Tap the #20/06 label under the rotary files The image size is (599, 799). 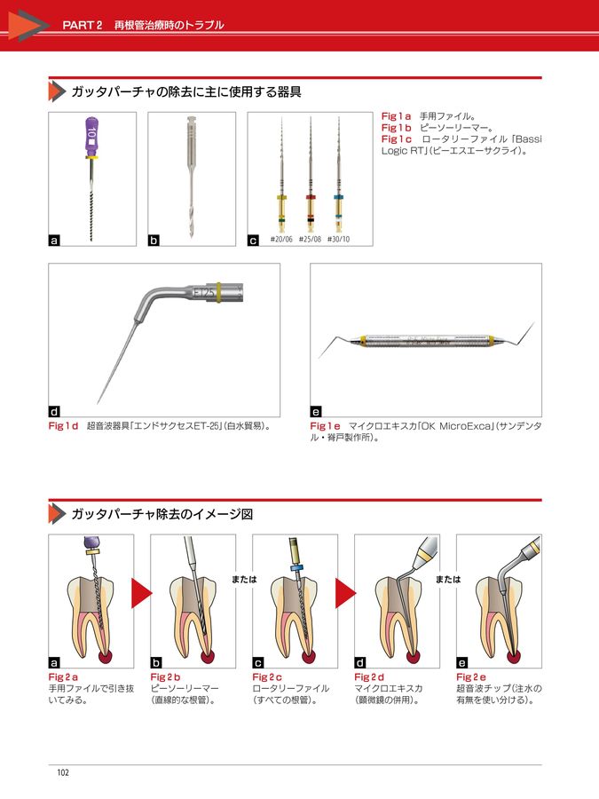[x=280, y=239]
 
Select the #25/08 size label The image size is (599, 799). [x=309, y=239]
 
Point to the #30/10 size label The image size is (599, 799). [x=338, y=239]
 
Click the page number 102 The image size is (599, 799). [x=63, y=772]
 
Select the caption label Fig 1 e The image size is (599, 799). [x=326, y=426]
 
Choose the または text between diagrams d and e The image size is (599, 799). [x=448, y=579]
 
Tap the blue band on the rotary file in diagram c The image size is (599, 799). [x=296, y=570]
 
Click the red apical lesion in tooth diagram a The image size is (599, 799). [x=103, y=656]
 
